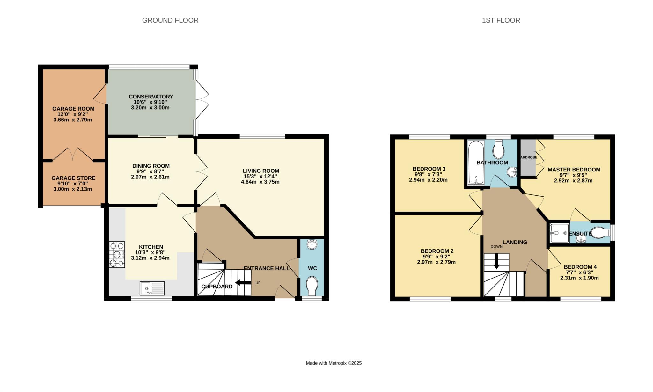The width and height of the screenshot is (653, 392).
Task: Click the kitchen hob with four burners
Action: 117,255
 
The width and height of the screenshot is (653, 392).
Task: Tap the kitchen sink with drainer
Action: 152,288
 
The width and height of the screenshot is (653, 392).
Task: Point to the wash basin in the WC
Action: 312,245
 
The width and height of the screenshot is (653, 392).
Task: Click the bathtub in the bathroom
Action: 476,163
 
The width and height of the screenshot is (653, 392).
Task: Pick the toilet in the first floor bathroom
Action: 498,149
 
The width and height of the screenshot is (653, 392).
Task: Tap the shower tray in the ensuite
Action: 559,233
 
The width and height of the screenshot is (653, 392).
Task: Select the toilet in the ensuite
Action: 600,233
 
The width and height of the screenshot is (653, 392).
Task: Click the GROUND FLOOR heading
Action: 170,20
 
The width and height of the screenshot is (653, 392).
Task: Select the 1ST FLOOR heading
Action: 501,20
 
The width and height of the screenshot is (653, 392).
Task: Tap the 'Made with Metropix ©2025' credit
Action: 334,363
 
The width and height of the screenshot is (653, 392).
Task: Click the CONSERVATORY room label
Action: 151,97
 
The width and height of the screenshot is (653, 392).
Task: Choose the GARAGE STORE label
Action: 73,178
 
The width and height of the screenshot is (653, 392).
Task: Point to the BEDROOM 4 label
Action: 580,267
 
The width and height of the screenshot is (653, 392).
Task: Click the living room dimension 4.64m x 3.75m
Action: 260,182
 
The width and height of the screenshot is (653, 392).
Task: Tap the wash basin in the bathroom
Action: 512,172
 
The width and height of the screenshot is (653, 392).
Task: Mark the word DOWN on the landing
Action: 496,246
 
